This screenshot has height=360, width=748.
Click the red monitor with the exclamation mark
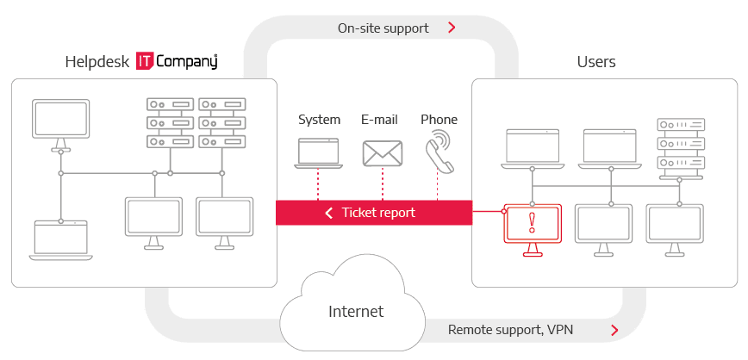(531, 226)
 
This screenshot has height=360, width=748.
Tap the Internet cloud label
(356, 310)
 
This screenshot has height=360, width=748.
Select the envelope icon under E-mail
(383, 153)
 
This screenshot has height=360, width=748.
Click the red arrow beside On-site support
(452, 28)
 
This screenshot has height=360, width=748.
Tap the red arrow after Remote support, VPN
(614, 329)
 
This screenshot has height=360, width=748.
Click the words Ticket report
(378, 213)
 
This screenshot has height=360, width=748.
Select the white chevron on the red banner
(328, 213)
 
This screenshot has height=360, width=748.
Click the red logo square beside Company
(145, 62)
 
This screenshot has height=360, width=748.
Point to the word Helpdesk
(97, 62)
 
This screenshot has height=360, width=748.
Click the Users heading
(595, 62)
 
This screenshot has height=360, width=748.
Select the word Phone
(439, 120)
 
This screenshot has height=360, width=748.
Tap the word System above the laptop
(319, 120)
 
